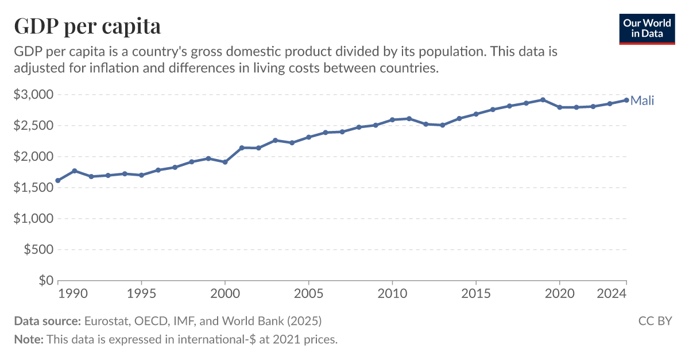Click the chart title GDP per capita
coord(87,26)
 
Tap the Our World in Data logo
coord(647,28)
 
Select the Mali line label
coord(642,101)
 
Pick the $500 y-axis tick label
coord(38,250)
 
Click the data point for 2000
coord(225,162)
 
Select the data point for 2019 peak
coord(543,100)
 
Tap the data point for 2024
coord(626,100)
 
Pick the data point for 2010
coord(392,120)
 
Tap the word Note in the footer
coord(28,339)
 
